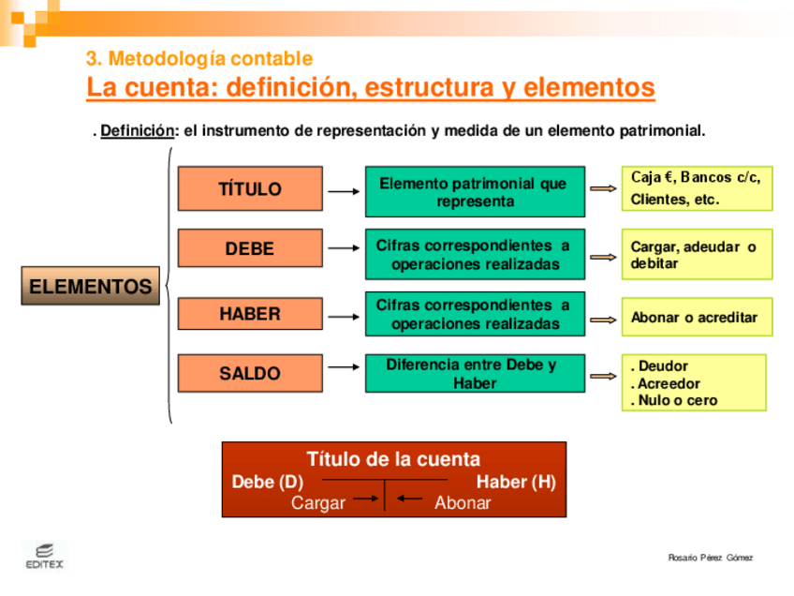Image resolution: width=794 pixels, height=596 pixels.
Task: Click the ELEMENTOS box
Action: [90, 287]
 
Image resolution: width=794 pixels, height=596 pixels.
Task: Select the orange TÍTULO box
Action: [250, 188]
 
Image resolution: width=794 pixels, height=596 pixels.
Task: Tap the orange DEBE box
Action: [250, 249]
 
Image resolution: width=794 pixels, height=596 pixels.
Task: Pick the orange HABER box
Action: [250, 314]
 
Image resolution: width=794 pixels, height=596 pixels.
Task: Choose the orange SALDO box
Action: [250, 373]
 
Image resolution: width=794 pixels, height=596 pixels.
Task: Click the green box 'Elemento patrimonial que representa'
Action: [474, 192]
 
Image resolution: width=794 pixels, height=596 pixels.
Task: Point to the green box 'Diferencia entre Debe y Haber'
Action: [474, 373]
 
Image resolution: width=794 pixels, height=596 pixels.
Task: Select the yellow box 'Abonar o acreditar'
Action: [697, 318]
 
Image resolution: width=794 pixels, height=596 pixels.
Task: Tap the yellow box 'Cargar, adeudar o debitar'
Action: [697, 255]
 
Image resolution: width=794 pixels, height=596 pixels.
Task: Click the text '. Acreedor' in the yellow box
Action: [666, 383]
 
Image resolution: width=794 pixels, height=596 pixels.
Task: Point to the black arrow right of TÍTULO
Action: [344, 191]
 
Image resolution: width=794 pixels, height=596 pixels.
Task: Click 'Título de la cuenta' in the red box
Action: [393, 459]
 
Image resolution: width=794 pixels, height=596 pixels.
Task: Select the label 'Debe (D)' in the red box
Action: [268, 483]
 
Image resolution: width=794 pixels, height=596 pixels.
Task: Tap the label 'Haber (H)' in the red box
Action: [516, 483]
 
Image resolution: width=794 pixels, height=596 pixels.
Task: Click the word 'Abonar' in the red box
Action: [463, 503]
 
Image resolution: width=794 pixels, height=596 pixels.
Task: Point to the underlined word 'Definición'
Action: [138, 131]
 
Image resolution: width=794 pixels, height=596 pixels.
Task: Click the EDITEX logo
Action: [44, 556]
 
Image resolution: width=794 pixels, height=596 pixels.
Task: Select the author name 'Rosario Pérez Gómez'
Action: [710, 559]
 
